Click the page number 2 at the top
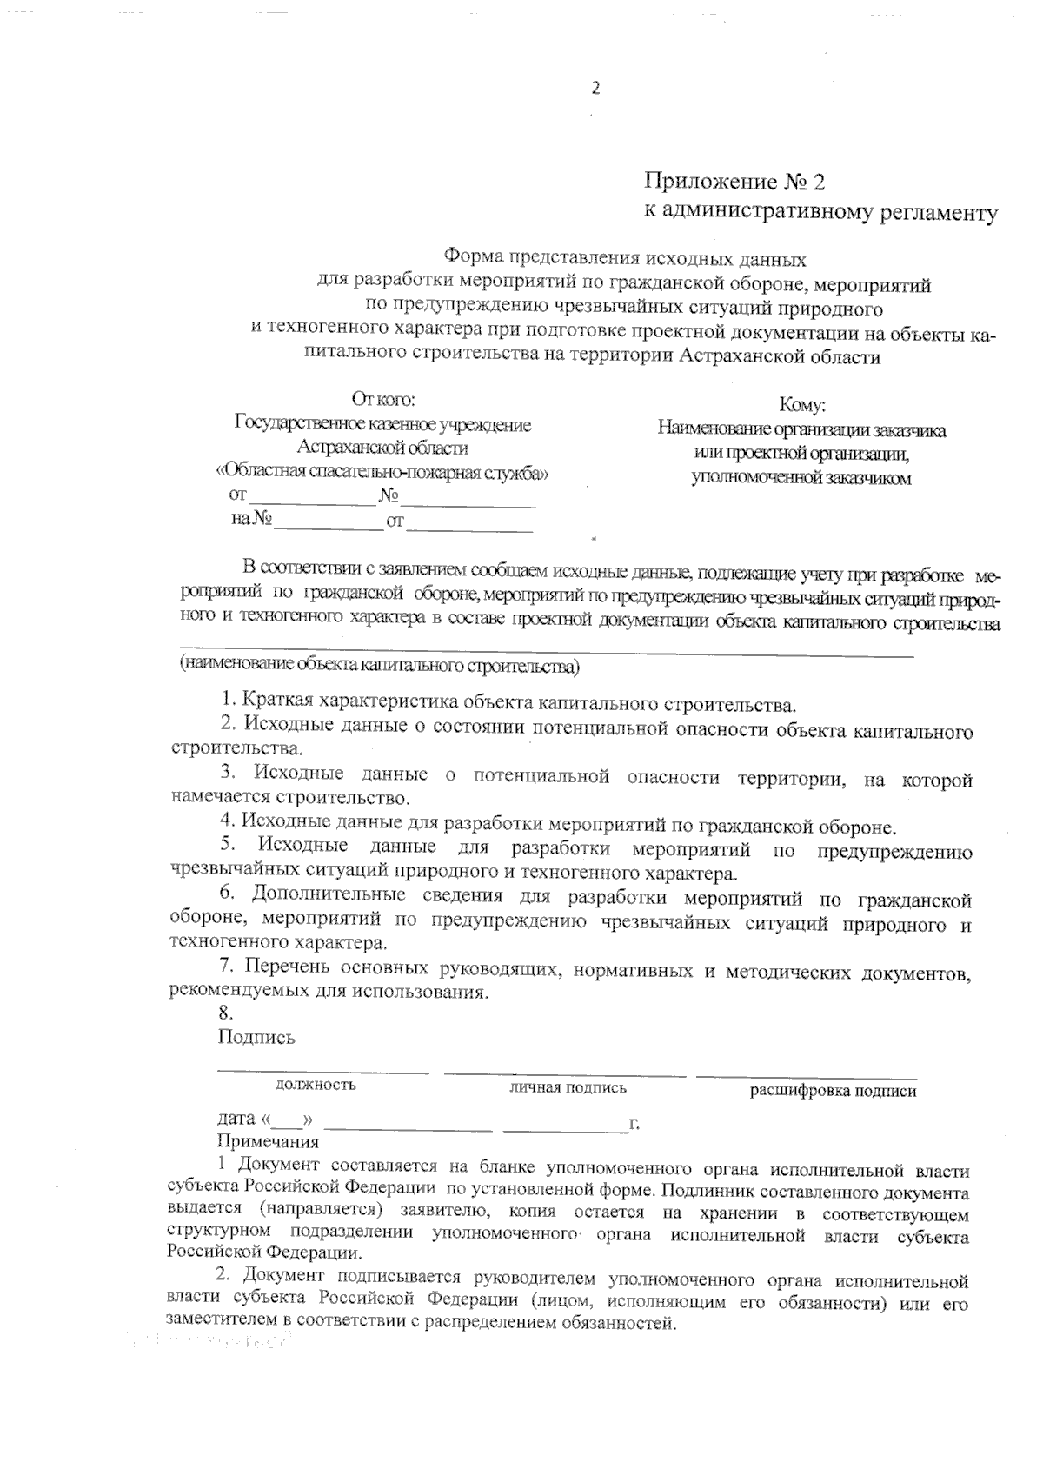click(595, 89)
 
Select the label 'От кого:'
click(383, 400)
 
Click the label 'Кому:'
click(801, 406)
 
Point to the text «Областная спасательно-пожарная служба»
click(382, 473)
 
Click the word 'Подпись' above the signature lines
click(256, 1037)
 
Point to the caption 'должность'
click(316, 1085)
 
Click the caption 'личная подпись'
click(568, 1087)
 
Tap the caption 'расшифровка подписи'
click(833, 1091)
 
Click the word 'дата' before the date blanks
click(236, 1119)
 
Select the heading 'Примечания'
click(268, 1142)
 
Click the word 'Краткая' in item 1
click(278, 701)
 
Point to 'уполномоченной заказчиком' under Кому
click(801, 478)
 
